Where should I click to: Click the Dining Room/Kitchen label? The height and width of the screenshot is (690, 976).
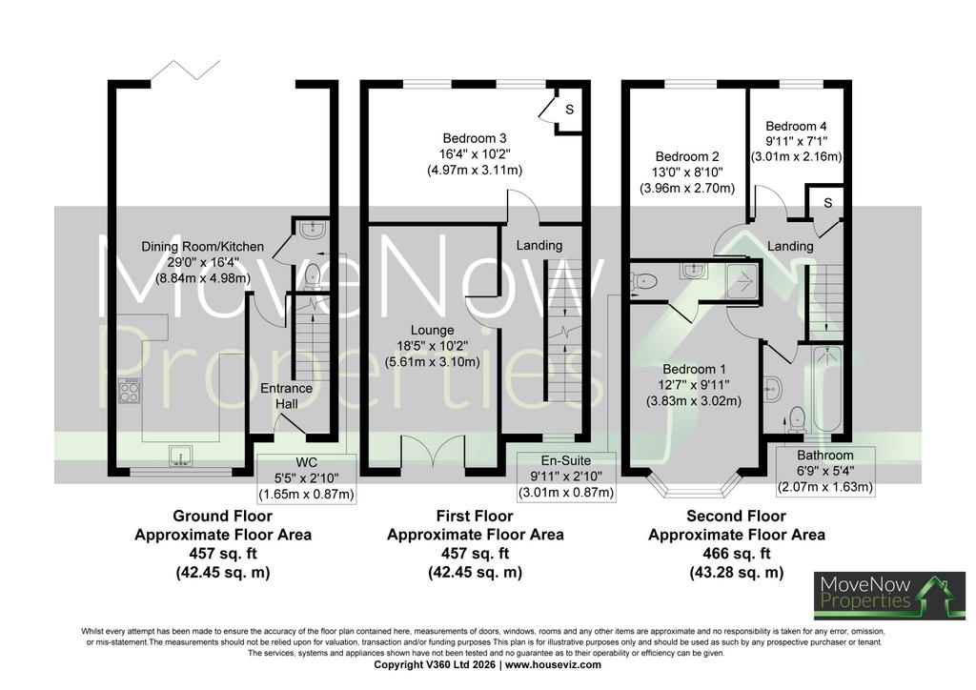pos(203,247)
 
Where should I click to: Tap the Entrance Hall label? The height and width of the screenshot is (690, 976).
pos(286,396)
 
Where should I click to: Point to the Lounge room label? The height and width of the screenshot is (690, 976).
pos(432,331)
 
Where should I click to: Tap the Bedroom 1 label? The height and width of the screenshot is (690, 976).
pos(694,369)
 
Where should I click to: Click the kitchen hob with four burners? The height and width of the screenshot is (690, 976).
pos(129,390)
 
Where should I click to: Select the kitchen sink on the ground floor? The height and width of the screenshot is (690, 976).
pos(180,457)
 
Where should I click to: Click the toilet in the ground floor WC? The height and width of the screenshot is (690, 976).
pos(313,275)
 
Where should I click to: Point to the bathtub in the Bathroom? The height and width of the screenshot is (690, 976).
pos(826,389)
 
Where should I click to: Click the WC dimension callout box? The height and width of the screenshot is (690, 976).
pos(306,477)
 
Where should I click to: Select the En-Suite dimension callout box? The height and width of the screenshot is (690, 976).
pos(566,477)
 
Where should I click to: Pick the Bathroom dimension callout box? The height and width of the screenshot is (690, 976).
pos(825,471)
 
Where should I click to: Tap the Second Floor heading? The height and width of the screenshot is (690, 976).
pos(737,516)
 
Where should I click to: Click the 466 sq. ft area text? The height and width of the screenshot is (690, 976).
pos(737,553)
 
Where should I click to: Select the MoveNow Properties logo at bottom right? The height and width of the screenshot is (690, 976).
pos(889,596)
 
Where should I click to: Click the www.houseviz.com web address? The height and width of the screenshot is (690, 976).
pos(553,664)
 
